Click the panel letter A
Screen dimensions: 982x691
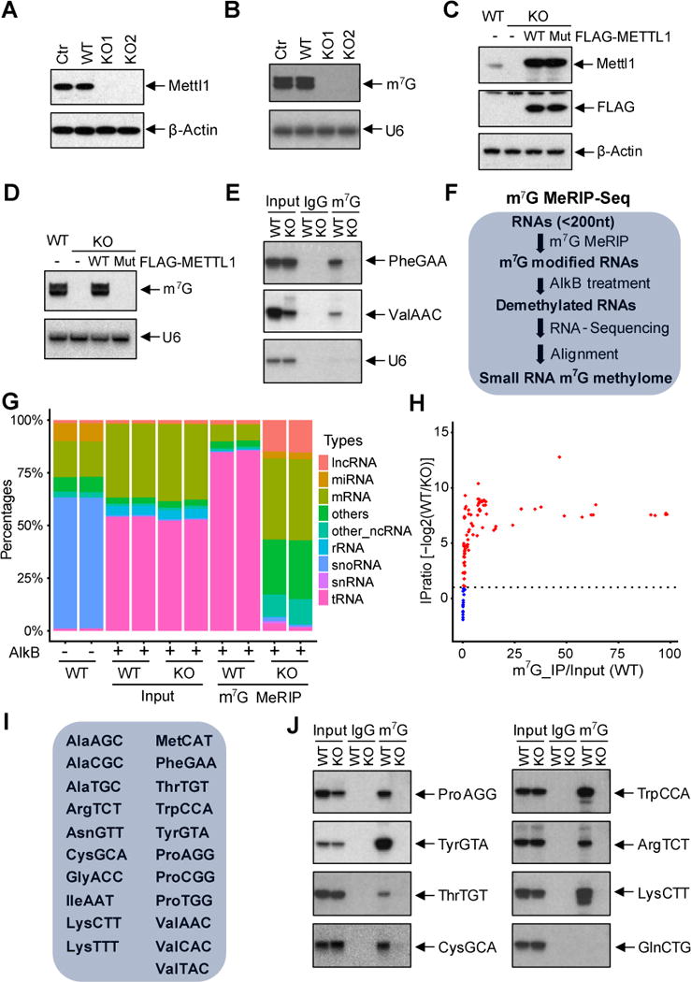click(x=12, y=11)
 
